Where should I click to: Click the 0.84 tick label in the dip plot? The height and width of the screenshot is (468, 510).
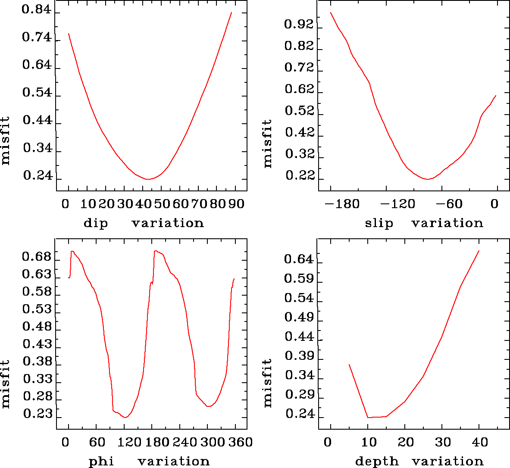[37, 10]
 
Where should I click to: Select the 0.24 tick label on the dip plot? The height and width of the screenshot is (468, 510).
[38, 176]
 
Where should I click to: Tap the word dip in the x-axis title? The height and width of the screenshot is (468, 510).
[95, 223]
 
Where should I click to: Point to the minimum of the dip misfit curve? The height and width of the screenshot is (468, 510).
[148, 179]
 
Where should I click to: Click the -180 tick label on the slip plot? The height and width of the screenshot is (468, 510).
[343, 203]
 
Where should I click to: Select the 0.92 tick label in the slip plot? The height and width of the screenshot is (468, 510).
[299, 25]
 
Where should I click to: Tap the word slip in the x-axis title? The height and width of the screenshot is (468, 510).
[379, 223]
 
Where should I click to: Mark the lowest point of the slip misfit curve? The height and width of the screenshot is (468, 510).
[427, 178]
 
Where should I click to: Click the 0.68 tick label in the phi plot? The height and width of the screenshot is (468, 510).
[37, 258]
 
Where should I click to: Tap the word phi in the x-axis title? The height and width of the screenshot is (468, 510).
[101, 462]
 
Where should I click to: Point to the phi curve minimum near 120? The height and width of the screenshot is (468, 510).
[125, 417]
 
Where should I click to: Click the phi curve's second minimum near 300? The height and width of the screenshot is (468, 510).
[209, 406]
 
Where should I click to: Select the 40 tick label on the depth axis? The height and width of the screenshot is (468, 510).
[479, 442]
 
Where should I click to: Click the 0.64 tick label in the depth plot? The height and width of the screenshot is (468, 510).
[299, 259]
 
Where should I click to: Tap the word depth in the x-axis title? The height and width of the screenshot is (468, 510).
[377, 462]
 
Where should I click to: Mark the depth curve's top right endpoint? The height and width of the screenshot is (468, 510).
[479, 250]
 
